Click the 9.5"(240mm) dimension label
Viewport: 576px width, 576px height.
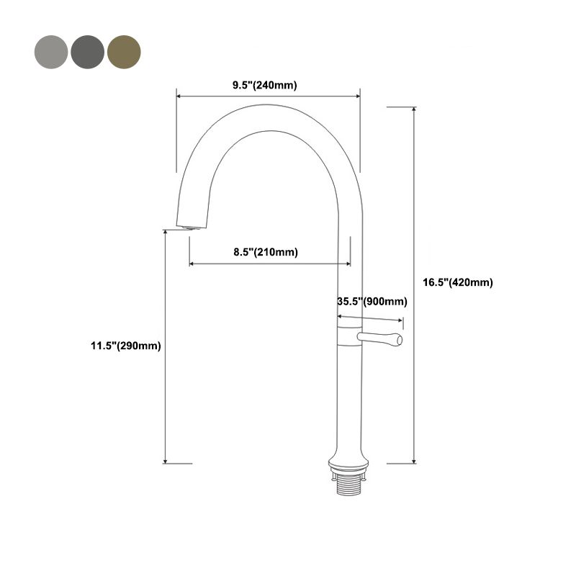point(264,85)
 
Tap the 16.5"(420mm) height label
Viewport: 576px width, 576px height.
point(457,283)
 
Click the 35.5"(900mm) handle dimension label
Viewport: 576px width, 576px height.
point(372,302)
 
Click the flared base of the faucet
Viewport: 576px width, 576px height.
point(348,459)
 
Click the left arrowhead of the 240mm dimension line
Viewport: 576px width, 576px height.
point(179,94)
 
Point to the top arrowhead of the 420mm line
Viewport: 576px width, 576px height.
point(414,109)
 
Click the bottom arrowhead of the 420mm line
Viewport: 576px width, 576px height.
point(414,460)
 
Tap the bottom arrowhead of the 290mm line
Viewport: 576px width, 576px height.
point(166,461)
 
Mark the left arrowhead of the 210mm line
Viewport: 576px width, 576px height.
point(192,264)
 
